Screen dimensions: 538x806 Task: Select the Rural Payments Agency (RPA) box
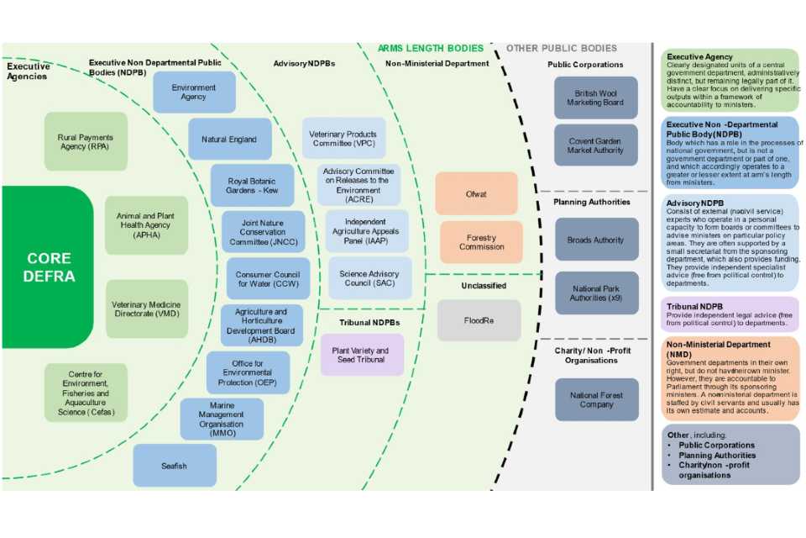[86, 142]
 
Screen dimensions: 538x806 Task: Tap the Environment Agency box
[194, 92]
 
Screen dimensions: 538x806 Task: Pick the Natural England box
[230, 139]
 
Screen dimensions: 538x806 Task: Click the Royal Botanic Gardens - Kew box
[252, 186]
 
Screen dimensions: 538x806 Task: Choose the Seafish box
[175, 466]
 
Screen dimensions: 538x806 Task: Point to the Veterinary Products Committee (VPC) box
[344, 139]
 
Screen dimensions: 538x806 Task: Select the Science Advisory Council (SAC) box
[369, 278]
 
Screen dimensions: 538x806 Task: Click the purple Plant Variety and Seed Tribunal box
[361, 355]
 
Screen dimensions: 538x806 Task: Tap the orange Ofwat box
[476, 193]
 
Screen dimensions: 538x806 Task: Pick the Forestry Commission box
[481, 242]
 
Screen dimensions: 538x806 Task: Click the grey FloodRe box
[479, 320]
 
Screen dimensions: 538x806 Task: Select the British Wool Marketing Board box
[595, 98]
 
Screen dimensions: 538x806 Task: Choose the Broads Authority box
[595, 240]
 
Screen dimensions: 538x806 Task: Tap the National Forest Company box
[596, 399]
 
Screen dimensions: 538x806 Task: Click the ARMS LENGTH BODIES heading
[431, 49]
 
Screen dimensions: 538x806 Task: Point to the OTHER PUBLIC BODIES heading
[562, 49]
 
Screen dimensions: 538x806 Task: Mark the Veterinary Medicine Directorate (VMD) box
[146, 309]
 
